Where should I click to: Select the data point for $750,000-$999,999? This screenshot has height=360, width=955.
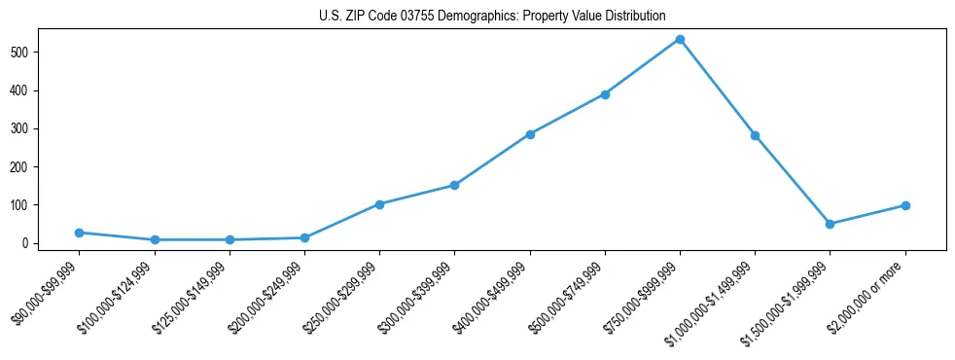point(680,40)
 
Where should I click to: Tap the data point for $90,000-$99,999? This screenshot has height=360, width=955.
point(79,233)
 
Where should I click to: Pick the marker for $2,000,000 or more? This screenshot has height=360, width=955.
point(905,205)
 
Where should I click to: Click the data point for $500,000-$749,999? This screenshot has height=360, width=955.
point(605,94)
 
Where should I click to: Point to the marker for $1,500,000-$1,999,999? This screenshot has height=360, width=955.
point(830,224)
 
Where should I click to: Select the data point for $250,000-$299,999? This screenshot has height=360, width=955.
point(379,204)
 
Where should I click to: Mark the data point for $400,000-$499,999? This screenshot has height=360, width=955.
point(530,134)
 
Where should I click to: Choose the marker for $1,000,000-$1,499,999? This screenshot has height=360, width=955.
point(755,135)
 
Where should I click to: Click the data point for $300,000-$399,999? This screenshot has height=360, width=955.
point(454,185)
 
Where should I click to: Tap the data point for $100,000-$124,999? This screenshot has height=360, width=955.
point(155,239)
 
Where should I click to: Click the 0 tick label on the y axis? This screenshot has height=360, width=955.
point(34,243)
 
